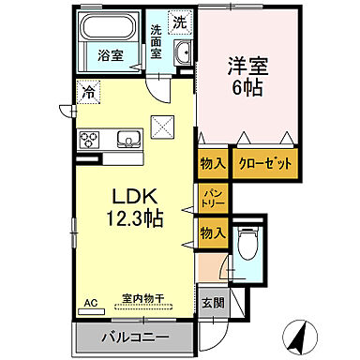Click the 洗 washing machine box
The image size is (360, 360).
178,20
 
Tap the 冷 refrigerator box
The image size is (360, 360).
86,93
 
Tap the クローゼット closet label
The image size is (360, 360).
263,163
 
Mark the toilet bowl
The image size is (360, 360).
247,247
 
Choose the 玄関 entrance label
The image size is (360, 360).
212,303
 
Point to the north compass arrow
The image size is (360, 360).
300,334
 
